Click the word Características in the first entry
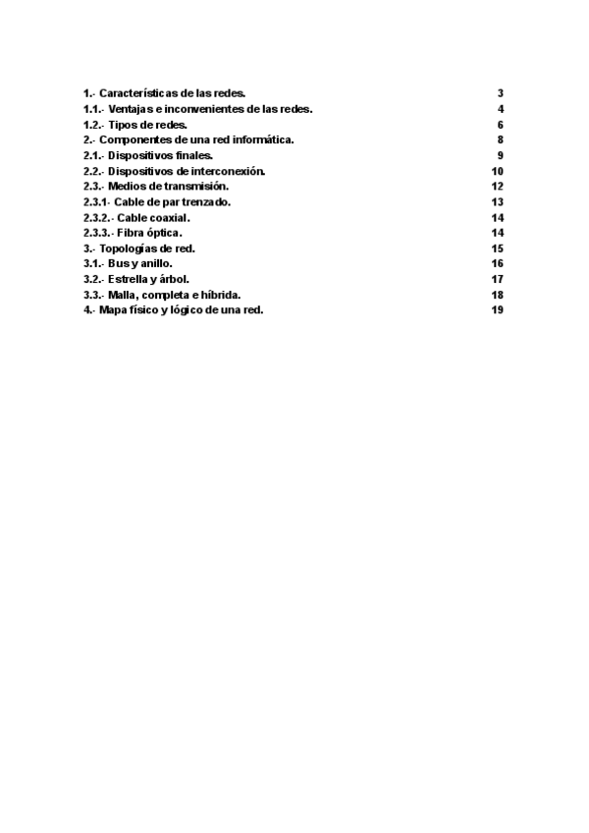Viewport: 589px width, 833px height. tap(134, 93)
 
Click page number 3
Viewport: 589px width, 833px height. tap(501, 93)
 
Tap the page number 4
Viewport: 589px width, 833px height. tap(501, 109)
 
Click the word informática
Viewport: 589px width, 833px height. tap(261, 140)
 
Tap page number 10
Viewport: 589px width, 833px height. tap(498, 171)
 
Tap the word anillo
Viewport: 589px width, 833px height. tap(158, 264)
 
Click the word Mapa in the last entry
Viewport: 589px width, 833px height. tap(112, 310)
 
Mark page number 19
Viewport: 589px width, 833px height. tap(498, 310)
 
